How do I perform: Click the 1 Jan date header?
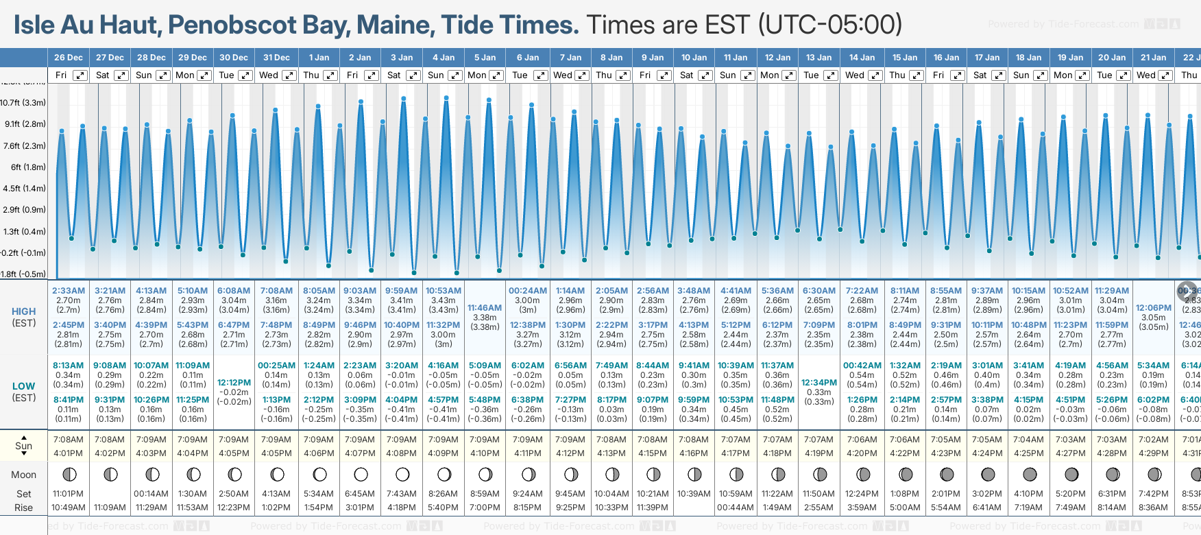tap(319, 58)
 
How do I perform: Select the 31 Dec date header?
tap(276, 58)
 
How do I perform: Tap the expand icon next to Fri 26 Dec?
tap(80, 75)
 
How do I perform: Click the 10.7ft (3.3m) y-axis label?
tap(23, 103)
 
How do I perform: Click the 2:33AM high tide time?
tap(69, 291)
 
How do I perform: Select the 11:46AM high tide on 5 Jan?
tap(485, 308)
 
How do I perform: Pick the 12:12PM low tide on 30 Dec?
tap(234, 383)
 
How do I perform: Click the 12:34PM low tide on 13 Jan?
tap(819, 383)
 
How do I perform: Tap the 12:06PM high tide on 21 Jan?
tap(1154, 308)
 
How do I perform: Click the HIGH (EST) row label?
tap(24, 317)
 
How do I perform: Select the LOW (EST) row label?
tap(24, 392)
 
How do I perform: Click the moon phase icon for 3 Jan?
tap(402, 474)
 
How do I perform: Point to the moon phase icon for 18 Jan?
tap(1030, 474)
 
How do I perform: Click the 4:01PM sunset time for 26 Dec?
tap(69, 453)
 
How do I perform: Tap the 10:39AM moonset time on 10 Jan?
tap(694, 494)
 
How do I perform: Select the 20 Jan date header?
tap(1112, 58)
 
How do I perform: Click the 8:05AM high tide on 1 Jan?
tap(319, 291)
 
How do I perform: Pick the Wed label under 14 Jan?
tap(854, 75)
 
